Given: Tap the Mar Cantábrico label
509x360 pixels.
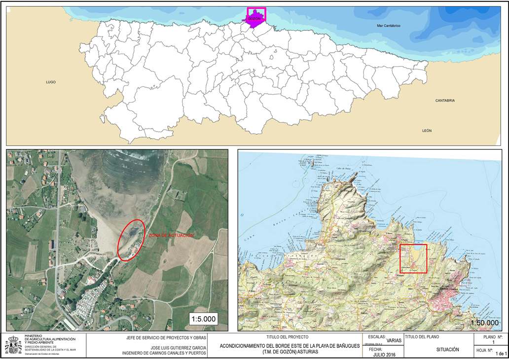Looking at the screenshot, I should [x=388, y=25].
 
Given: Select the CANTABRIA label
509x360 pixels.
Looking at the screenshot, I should [x=445, y=101].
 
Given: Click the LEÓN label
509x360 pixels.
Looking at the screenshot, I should [x=427, y=131].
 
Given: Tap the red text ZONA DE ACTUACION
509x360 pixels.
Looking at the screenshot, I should [x=171, y=236].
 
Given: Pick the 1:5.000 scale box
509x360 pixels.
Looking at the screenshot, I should [x=203, y=319].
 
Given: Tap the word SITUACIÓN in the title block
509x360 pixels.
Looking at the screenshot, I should [x=447, y=350].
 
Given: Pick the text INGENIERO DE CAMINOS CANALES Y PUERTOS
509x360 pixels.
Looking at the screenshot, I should [x=164, y=353].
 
